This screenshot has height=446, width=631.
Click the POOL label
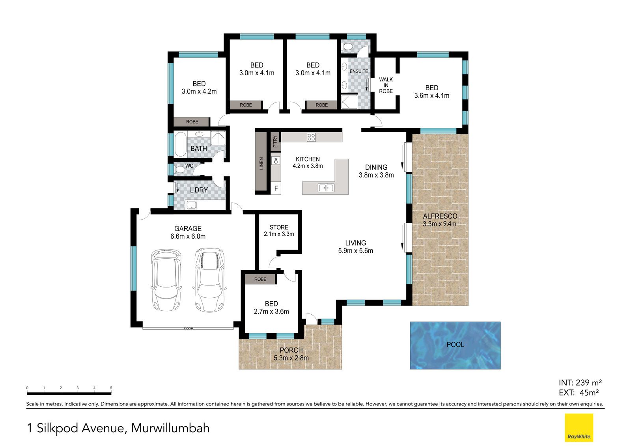pos(455,344)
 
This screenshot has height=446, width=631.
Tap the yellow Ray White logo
pos(579,427)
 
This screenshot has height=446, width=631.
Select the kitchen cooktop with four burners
pos(311,137)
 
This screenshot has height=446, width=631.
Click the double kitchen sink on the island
pos(326,188)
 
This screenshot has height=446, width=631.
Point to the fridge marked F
pos(276,188)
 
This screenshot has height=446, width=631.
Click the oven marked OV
pos(276,160)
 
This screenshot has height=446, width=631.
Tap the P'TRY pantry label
pos(275,142)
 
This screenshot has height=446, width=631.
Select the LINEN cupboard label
pos(261,163)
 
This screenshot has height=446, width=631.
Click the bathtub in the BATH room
pos(180,145)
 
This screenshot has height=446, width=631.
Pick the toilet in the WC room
pos(179,170)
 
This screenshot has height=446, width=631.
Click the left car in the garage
pos(166,280)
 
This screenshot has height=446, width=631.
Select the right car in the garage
pos(210,280)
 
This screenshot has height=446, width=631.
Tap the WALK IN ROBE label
pos(386,85)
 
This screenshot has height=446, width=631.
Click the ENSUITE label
pos(358,71)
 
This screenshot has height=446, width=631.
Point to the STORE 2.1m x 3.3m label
pos(279,230)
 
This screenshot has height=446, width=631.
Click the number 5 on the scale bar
pos(111,388)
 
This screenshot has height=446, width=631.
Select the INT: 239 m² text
pos(580,383)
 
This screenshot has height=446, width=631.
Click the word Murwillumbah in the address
pos(170,428)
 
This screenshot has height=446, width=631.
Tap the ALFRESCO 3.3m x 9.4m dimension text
pos(439,224)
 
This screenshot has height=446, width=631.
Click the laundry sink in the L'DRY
pos(192,205)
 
